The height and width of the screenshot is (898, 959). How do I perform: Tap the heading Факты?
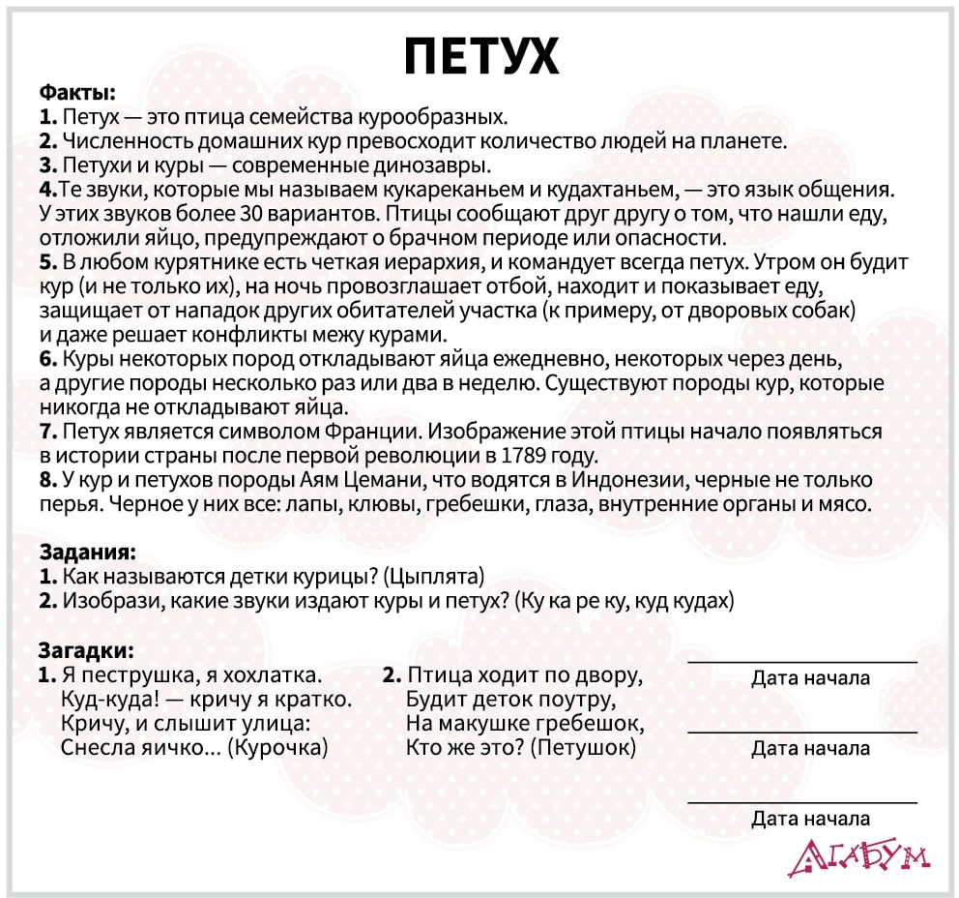tap(77, 94)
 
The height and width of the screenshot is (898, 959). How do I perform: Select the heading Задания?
tap(87, 553)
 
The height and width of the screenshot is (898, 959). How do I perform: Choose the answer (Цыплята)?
tap(433, 577)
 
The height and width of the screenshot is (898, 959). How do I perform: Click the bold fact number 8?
tap(46, 480)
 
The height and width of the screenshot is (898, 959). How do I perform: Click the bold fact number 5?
tap(46, 262)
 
